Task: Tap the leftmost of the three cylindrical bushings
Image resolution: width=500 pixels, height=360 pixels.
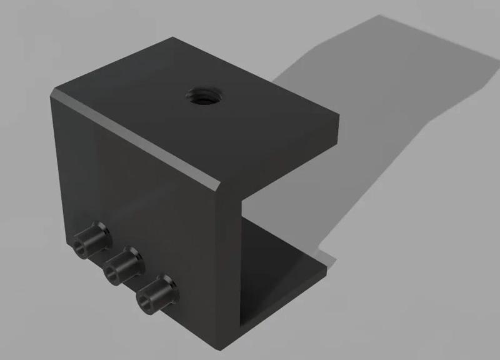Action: pyautogui.click(x=89, y=241)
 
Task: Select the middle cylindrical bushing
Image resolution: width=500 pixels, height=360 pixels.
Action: pyautogui.click(x=122, y=266)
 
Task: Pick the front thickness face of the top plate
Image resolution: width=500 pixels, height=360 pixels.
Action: pyautogui.click(x=281, y=156)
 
